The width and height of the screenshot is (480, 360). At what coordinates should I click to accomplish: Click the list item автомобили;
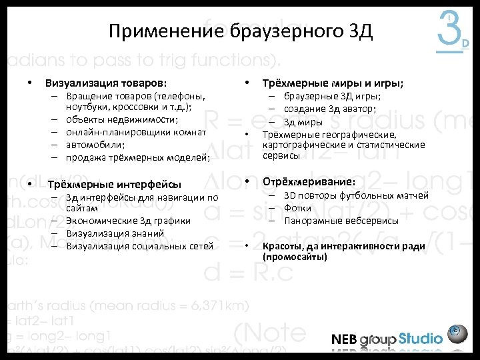coord(95,144)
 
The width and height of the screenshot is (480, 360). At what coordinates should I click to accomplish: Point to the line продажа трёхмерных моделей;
coord(138,157)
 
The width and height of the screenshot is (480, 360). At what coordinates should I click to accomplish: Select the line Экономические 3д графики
coord(129,221)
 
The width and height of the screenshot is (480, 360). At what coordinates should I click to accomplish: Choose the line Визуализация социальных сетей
coord(140,246)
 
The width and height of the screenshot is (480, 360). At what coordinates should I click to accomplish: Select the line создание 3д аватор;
coord(329,109)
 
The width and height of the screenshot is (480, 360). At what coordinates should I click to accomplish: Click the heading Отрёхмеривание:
coord(309,181)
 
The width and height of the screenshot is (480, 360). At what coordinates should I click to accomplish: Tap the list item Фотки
coord(297,208)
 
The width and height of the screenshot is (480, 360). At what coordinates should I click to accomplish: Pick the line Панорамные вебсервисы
coord(341,221)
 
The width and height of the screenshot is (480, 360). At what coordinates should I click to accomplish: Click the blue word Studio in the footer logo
coord(421,338)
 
